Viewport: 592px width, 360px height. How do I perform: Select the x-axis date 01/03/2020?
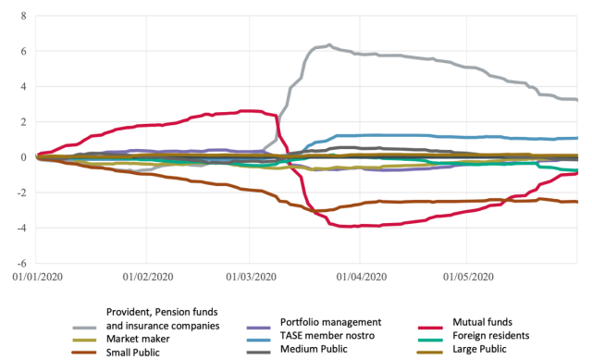[250, 276]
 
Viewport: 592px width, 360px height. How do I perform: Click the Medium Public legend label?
[333, 349]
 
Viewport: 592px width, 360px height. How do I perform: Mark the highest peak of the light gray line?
[329, 44]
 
